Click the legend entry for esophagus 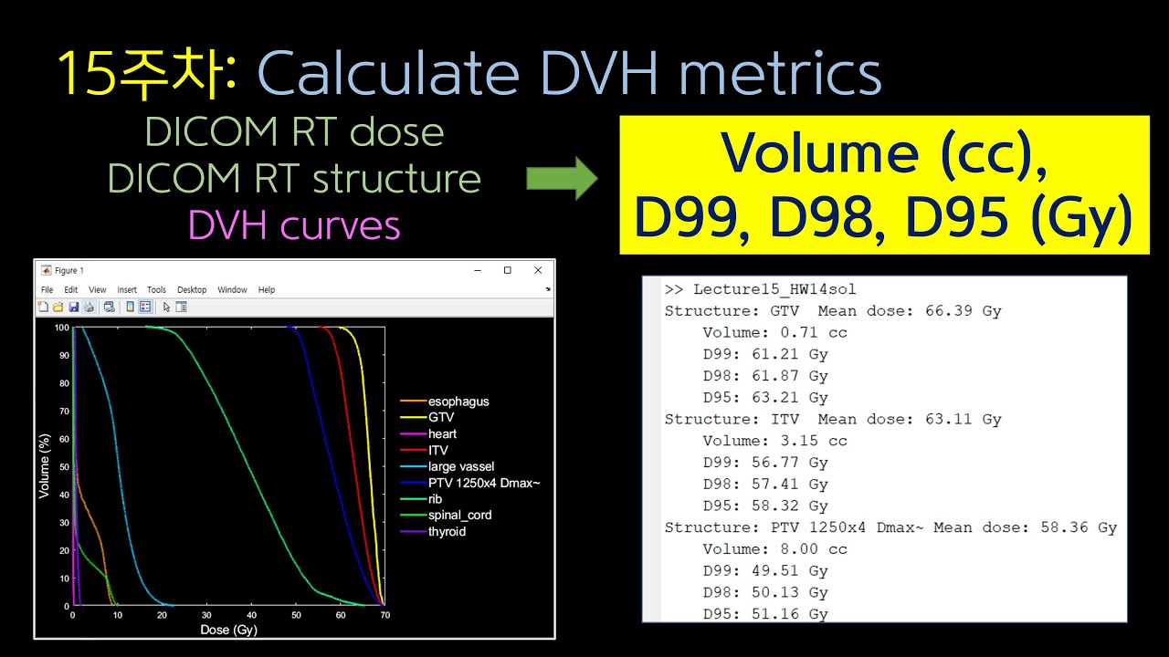tap(458, 401)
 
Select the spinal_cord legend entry tap(459, 516)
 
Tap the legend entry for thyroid tap(447, 532)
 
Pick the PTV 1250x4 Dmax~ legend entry tap(484, 483)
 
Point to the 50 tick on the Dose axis tap(295, 617)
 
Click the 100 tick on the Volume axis tap(61, 327)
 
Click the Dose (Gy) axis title tap(227, 630)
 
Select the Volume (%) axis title tap(44, 465)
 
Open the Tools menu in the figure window tap(156, 290)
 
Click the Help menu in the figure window tap(266, 290)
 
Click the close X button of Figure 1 tap(538, 270)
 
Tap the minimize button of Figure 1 tap(477, 270)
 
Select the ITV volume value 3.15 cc tap(806, 441)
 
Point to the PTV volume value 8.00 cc tap(806, 549)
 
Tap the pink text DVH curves tap(294, 225)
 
